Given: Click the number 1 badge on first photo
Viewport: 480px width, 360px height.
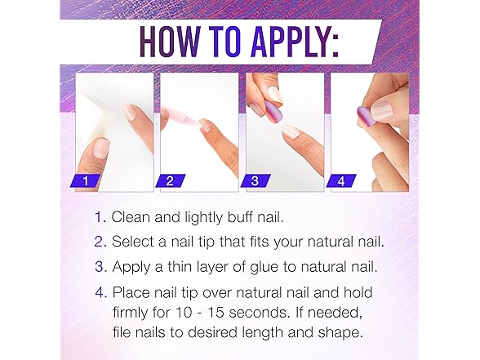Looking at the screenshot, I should click(90, 180).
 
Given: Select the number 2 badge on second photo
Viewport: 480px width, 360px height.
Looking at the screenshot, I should click(175, 180).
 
